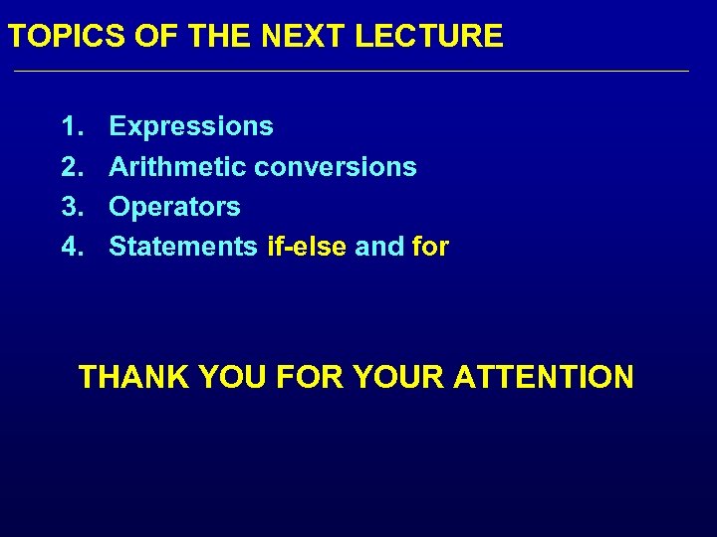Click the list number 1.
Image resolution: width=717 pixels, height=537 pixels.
[72, 126]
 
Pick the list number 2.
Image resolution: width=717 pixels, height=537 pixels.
[72, 166]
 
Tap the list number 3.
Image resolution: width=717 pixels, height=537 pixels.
[72, 207]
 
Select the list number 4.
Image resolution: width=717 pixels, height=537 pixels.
[72, 247]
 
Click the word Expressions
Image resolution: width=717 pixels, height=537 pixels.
[191, 126]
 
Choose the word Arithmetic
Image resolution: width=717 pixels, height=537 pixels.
[177, 166]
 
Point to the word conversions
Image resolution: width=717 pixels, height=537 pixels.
[336, 166]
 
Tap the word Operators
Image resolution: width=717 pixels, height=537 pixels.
[174, 207]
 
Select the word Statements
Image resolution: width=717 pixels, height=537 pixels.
[183, 247]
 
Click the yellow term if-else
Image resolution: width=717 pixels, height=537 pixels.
[307, 247]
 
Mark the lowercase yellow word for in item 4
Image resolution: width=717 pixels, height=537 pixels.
[430, 247]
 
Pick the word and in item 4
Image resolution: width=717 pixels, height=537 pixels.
[378, 247]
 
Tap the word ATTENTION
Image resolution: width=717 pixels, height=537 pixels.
[543, 378]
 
